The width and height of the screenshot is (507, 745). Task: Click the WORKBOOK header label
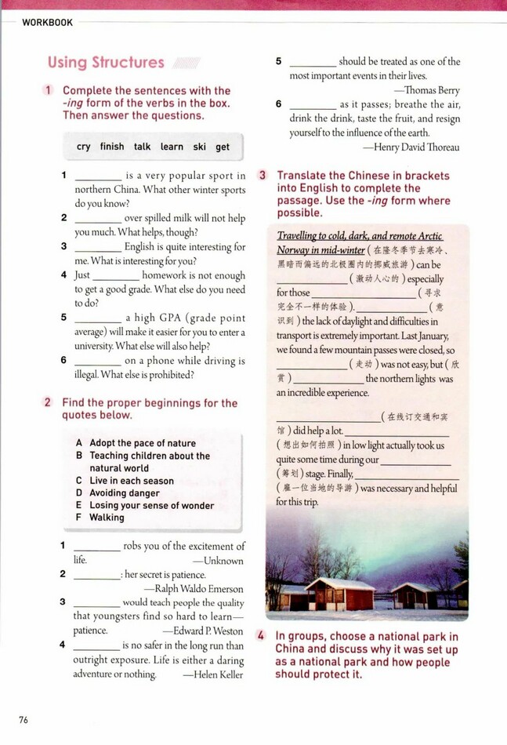pos(47,23)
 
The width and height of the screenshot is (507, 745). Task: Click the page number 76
pos(24,719)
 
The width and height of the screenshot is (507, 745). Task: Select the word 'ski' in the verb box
pos(199,147)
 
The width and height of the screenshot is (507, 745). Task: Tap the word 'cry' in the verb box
pos(84,147)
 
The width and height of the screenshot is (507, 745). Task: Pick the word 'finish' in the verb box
pos(112,147)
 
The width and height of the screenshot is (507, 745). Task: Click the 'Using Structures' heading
pos(106,63)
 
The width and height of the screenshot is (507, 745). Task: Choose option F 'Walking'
pos(107,518)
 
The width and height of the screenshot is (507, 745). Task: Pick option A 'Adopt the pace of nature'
pos(142,443)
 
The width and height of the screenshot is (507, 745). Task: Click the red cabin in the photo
pos(340,594)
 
